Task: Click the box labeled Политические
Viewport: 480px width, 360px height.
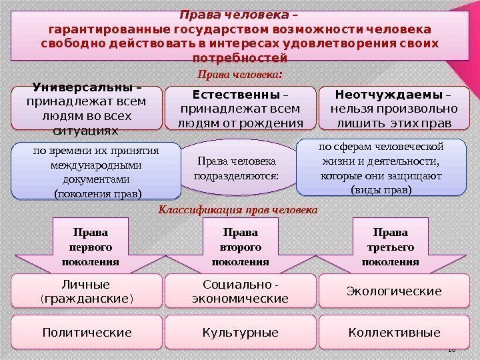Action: pyautogui.click(x=87, y=332)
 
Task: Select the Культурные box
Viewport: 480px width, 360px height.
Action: pyautogui.click(x=240, y=332)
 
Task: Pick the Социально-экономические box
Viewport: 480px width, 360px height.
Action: pyautogui.click(x=240, y=291)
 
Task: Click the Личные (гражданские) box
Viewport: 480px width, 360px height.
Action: pyautogui.click(x=87, y=291)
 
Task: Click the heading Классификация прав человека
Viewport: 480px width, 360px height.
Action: pyautogui.click(x=238, y=209)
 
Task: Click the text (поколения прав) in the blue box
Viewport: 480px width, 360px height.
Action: pyautogui.click(x=97, y=195)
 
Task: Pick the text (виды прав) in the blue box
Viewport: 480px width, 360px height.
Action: pyautogui.click(x=381, y=190)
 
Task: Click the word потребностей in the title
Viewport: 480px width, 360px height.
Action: pyautogui.click(x=239, y=58)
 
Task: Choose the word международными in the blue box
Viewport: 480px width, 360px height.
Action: pyautogui.click(x=96, y=166)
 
